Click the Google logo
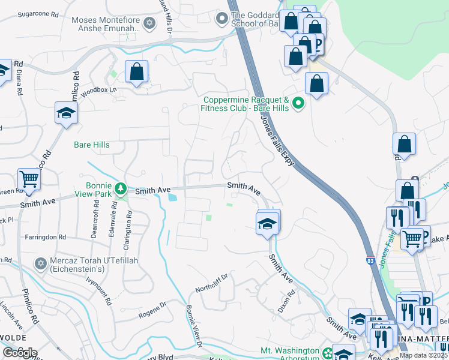coord(20,353)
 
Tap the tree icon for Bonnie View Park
coord(121,190)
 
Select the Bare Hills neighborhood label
coord(91,145)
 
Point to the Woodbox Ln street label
coord(99,90)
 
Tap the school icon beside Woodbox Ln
coord(66,112)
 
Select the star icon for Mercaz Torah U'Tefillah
coord(41,263)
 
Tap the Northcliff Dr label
coord(212,283)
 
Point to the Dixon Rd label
coord(290,301)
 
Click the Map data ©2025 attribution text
coord(423,355)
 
